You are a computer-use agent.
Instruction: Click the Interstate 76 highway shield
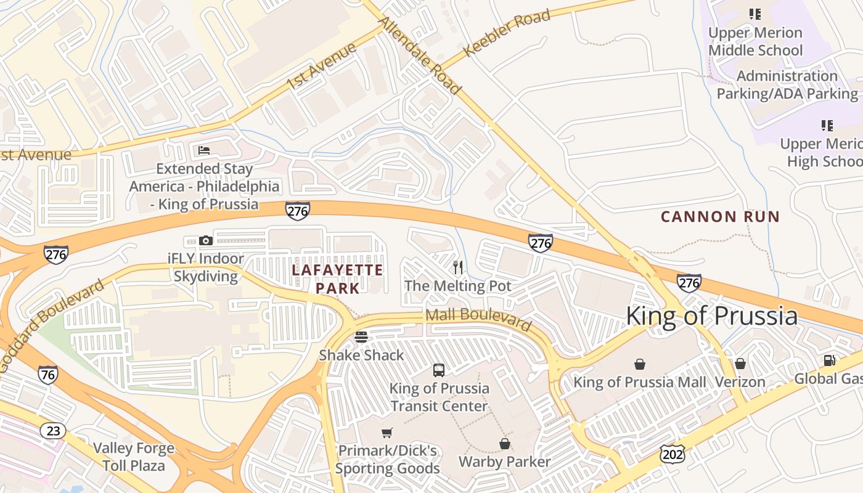tap(47, 374)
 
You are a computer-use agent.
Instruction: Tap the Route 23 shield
tap(53, 430)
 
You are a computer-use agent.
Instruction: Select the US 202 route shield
tap(671, 454)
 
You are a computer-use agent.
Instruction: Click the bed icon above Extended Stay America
tap(204, 150)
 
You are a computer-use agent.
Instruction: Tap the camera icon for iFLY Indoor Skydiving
tap(206, 240)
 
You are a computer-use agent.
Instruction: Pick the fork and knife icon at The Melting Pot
tap(458, 267)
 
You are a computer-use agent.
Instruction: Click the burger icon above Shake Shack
tap(361, 337)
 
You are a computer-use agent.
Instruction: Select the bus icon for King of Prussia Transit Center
tap(439, 370)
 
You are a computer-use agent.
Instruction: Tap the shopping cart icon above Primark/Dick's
tap(387, 433)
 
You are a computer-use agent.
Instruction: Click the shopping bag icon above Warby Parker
tap(504, 444)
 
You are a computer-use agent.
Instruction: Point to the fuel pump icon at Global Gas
tap(829, 361)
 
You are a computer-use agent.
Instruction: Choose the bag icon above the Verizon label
tap(740, 364)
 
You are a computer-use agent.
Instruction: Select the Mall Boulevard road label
tap(478, 319)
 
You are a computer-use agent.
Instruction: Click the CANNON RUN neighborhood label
tap(720, 217)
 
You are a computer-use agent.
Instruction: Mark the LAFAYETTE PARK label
tap(337, 279)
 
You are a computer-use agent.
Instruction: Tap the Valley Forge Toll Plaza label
tap(134, 457)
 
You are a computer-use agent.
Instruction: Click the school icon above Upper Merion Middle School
tap(755, 14)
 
